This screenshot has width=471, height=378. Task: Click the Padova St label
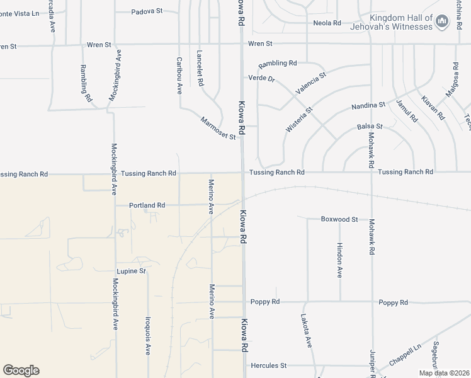147,11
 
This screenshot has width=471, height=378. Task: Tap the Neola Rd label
327,23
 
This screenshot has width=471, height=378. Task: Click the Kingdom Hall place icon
442,23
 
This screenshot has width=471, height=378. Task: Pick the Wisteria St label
299,119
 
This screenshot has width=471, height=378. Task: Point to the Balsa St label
370,127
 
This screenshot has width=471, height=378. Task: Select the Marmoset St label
218,128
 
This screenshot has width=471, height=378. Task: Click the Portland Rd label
147,205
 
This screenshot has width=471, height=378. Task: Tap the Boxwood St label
339,219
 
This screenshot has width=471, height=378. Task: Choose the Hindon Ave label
339,260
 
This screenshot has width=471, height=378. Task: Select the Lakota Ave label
306,331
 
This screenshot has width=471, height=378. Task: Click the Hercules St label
269,365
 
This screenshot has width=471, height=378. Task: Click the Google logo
21,370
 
